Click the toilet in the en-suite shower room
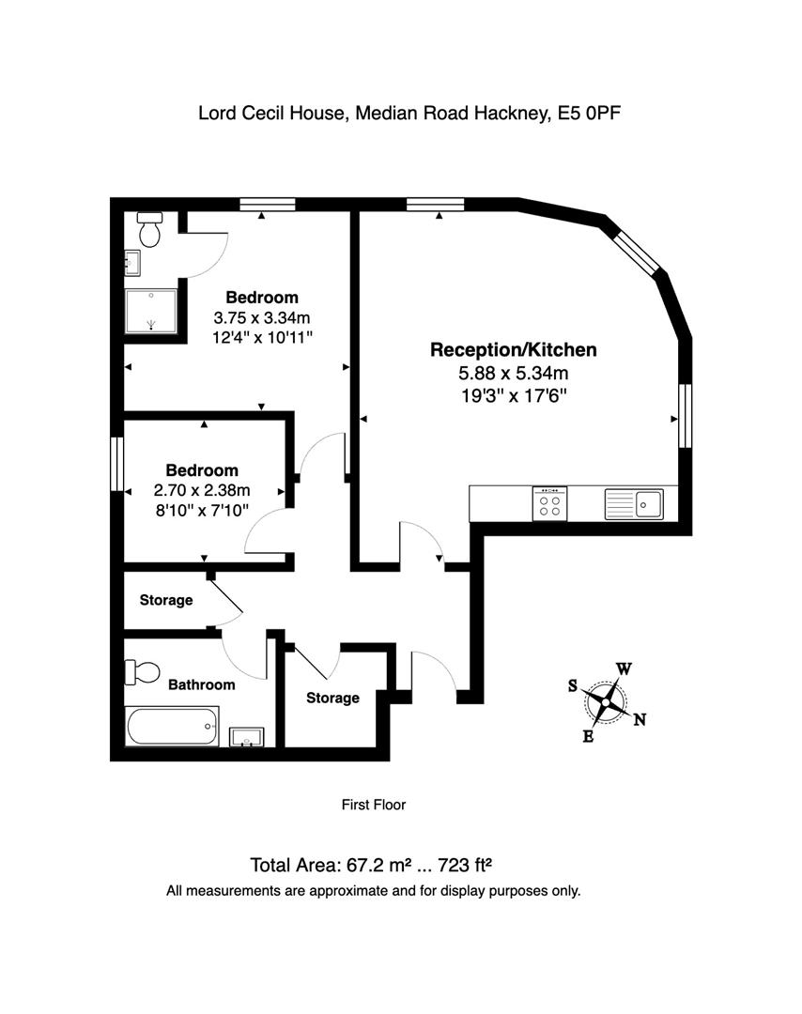[150, 228]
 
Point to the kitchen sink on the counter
[635, 504]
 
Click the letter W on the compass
[624, 669]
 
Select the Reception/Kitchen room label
[513, 350]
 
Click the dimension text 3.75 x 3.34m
[261, 316]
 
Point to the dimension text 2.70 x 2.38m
[202, 489]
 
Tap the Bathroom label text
[201, 685]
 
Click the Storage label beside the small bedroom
[166, 600]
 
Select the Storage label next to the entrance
[332, 698]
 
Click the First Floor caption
[373, 805]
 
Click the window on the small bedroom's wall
[118, 464]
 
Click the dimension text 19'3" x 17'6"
[513, 395]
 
